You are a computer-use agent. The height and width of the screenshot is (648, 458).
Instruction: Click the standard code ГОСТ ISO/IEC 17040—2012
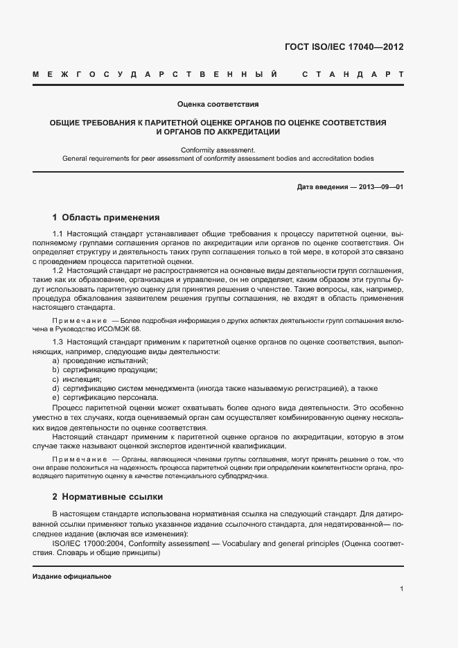click(x=344, y=47)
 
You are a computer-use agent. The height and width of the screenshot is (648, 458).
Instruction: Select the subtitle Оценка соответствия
click(x=218, y=105)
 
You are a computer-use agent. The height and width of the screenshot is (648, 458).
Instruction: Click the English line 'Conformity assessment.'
click(x=218, y=150)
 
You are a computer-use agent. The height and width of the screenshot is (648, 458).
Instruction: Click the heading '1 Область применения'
click(x=106, y=217)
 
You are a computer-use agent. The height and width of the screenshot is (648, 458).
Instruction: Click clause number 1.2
click(x=58, y=270)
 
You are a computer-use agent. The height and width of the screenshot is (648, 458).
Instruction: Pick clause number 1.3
click(x=58, y=343)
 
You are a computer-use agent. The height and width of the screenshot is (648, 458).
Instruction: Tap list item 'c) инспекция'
click(x=77, y=379)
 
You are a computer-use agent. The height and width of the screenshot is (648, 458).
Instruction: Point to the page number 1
click(x=401, y=589)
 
